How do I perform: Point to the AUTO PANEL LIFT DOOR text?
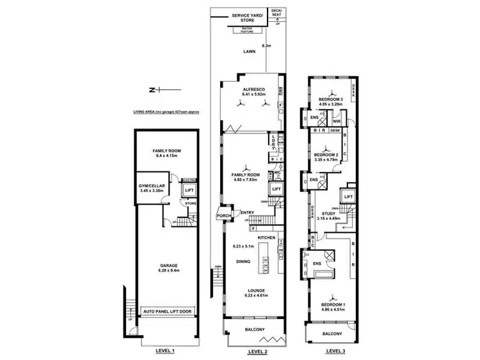[x=169, y=311]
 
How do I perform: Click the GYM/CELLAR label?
[x=151, y=187]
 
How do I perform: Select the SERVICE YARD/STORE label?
[x=247, y=17]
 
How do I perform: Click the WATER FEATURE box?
[x=248, y=30]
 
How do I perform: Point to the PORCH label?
[x=223, y=216]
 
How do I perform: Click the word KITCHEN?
[x=267, y=238]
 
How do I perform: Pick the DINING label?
[x=242, y=262]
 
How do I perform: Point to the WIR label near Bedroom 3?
[x=337, y=121]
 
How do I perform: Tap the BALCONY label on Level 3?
[x=332, y=334]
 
